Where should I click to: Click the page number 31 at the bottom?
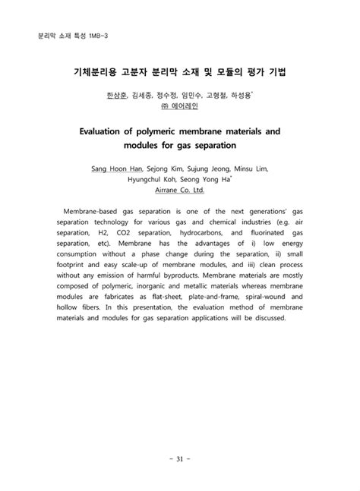(x=179, y=458)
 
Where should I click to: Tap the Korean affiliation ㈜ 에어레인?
(x=179, y=108)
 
